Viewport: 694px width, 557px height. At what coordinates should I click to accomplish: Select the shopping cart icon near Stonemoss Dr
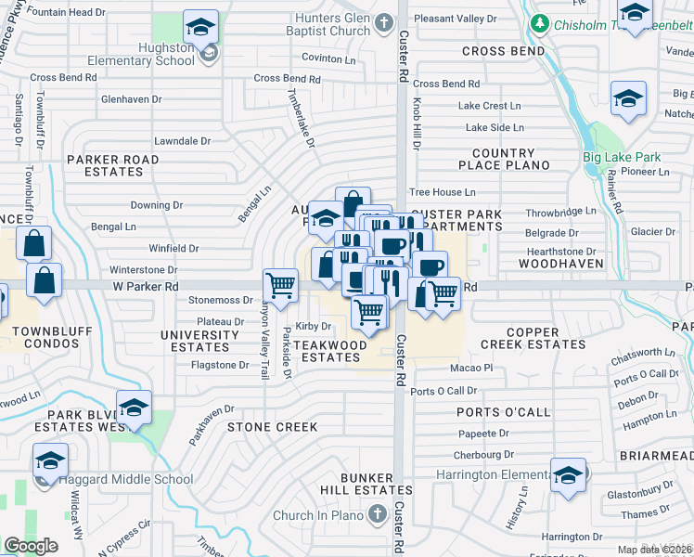[x=280, y=285]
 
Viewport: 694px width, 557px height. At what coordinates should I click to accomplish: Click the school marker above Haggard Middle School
[x=50, y=460]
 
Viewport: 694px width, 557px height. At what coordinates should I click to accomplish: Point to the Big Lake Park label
[x=622, y=157]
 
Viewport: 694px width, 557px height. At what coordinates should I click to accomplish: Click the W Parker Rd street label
[x=145, y=287]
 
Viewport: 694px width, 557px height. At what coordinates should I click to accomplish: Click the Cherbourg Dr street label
[x=483, y=455]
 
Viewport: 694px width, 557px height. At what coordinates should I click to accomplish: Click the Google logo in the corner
[x=31, y=546]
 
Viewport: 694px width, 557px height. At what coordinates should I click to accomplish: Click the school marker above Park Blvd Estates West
[x=134, y=408]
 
